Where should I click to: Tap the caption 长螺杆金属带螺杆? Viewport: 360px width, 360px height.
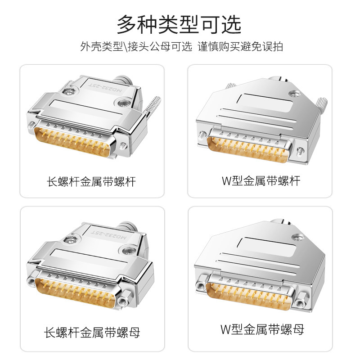[91, 182]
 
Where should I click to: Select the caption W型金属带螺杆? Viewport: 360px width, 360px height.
[261, 181]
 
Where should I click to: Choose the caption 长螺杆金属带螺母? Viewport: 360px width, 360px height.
[92, 333]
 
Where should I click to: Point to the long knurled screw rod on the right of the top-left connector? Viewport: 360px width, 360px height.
[152, 108]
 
